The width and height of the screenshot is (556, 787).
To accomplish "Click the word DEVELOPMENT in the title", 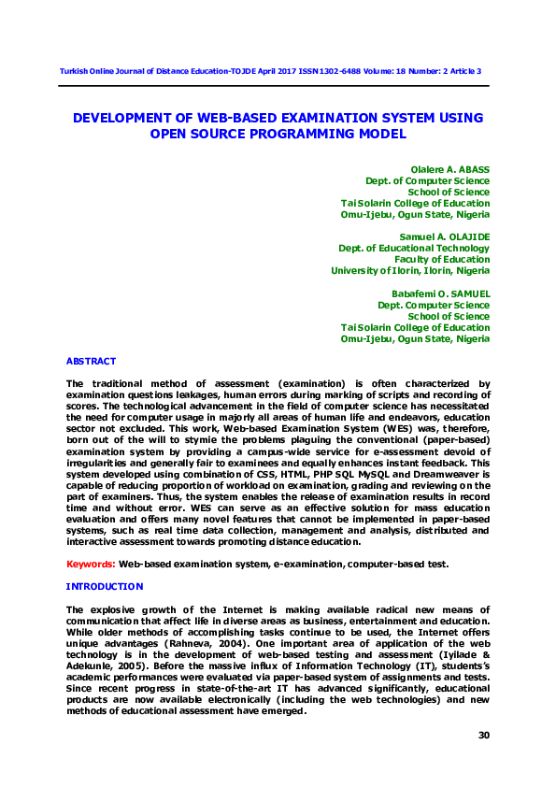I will [125, 118].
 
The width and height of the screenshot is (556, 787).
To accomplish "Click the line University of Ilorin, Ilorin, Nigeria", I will [410, 271].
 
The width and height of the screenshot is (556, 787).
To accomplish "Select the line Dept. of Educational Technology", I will [414, 249].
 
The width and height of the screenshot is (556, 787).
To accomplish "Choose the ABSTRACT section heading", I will [91, 361].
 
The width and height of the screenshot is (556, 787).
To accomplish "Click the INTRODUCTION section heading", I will [104, 586].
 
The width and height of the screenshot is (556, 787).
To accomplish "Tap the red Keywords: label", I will [90, 564].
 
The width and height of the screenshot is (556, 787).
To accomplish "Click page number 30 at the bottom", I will [484, 736].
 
